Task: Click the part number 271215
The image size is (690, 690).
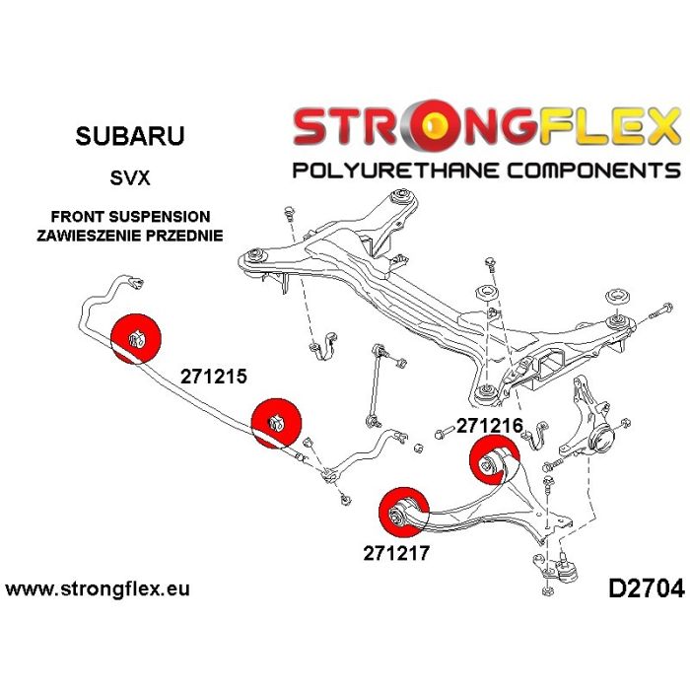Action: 214,377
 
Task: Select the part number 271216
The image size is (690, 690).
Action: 490,426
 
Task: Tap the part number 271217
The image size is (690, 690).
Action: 396,553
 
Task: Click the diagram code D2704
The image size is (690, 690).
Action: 646,588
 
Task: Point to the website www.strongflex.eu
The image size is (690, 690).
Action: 98,588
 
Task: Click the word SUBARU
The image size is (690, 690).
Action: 130,136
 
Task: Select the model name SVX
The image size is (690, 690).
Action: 130,178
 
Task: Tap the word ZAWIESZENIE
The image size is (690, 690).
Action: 89,236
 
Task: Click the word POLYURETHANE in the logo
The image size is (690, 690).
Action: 389,170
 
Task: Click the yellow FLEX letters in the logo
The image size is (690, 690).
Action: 609,126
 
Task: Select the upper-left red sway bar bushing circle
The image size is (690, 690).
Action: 136,338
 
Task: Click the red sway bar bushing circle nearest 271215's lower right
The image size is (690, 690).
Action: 276,423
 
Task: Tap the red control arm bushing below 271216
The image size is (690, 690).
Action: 495,460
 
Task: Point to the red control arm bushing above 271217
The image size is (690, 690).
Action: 404,513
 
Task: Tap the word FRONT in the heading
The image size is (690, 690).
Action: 77,217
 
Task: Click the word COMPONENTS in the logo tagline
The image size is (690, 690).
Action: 592,170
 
